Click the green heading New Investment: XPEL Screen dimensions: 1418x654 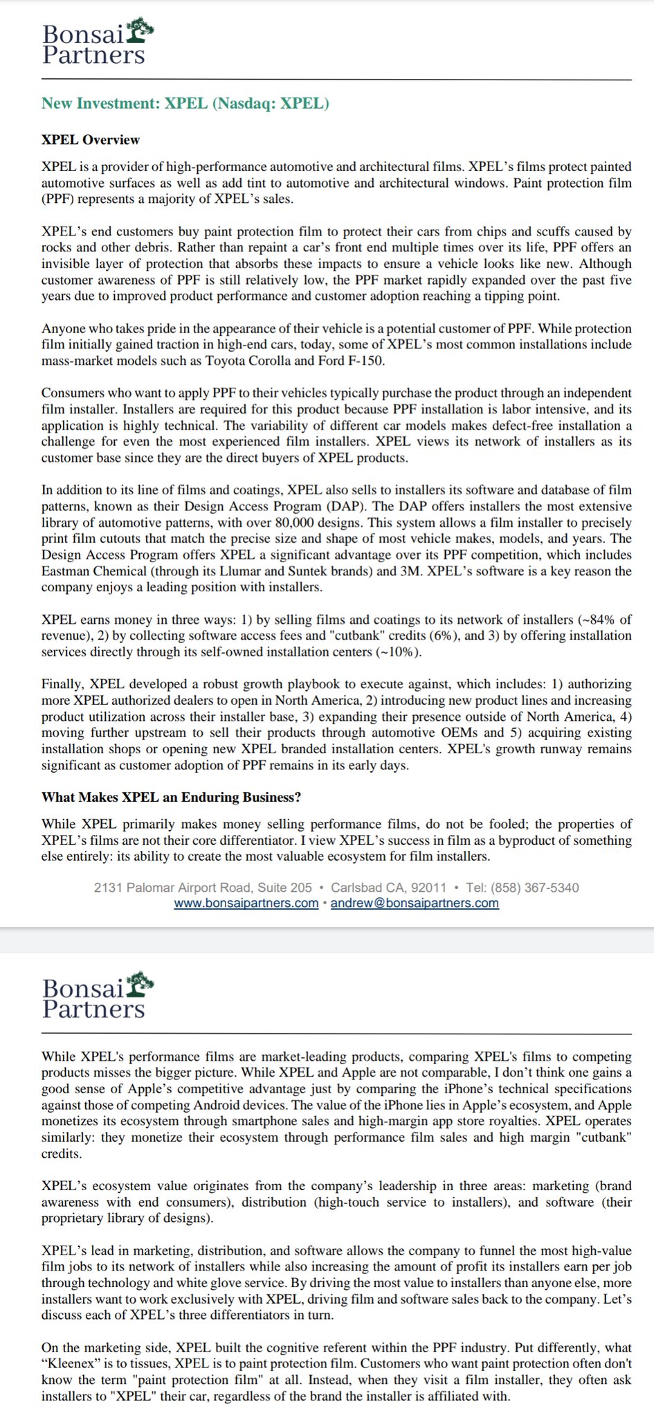point(185,104)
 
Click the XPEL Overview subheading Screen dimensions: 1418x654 point(90,140)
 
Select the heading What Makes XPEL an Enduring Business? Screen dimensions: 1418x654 point(171,797)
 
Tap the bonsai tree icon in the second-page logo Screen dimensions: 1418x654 point(141,982)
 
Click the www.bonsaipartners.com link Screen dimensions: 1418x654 point(246,903)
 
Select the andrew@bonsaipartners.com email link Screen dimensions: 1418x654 point(415,903)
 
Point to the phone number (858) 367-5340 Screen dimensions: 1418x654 point(534,888)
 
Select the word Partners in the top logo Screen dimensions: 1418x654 point(93,55)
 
